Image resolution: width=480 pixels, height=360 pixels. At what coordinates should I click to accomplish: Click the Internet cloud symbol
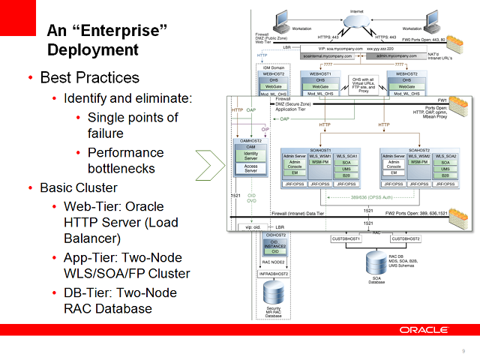pos(356,23)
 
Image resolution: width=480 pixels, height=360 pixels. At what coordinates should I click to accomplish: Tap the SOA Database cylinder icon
pos(376,263)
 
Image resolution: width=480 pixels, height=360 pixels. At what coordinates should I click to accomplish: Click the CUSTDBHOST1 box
pos(346,239)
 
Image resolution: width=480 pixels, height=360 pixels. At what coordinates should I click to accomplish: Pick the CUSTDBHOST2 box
pos(404,239)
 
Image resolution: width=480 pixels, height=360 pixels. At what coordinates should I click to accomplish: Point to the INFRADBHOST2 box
pos(276,274)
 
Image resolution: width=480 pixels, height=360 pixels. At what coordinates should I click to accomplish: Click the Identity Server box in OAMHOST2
pos(250,156)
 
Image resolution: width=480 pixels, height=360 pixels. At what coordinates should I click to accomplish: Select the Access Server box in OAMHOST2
pos(250,169)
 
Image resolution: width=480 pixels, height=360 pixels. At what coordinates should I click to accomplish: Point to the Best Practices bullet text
pos(89,78)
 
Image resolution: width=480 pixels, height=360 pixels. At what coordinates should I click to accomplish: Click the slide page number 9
pos(463,352)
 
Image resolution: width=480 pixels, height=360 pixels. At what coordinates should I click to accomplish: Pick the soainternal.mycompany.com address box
pos(328,55)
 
